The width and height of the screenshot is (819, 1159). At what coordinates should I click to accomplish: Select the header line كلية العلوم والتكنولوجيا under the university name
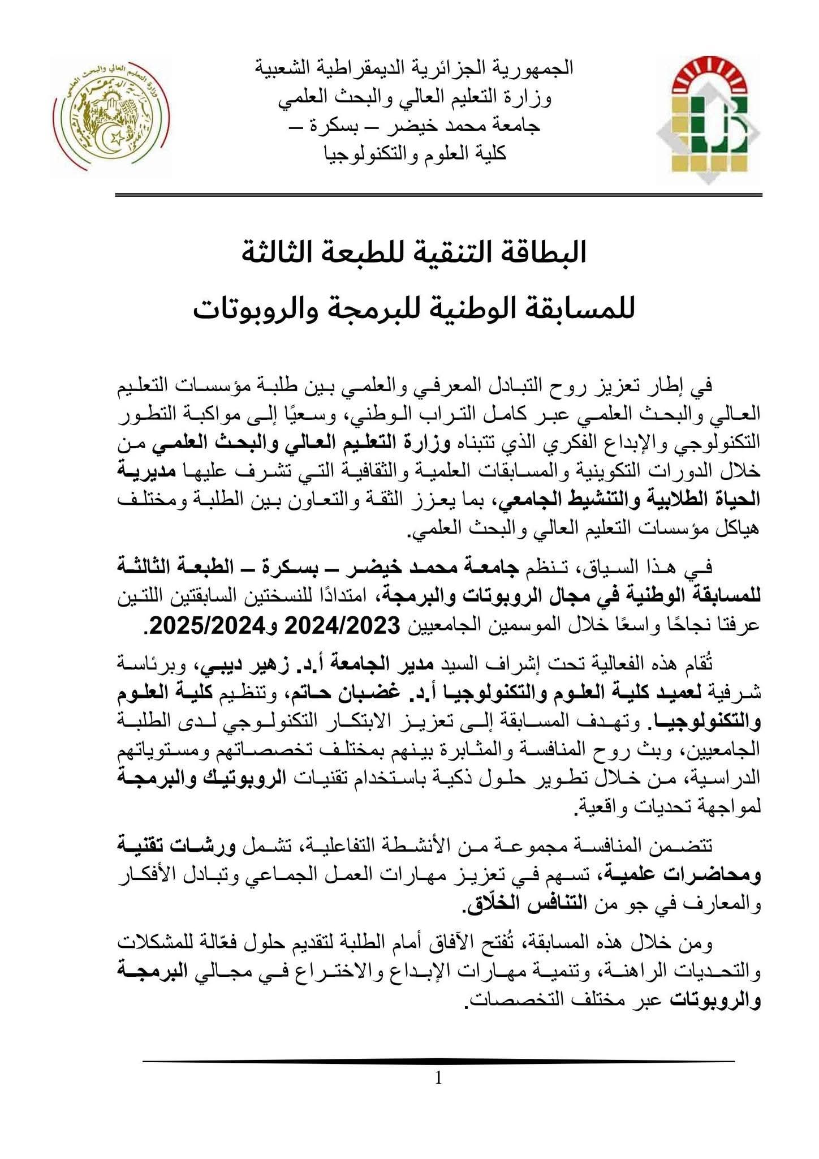pos(414,154)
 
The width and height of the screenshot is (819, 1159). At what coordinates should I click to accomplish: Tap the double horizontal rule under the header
pos(438,195)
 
